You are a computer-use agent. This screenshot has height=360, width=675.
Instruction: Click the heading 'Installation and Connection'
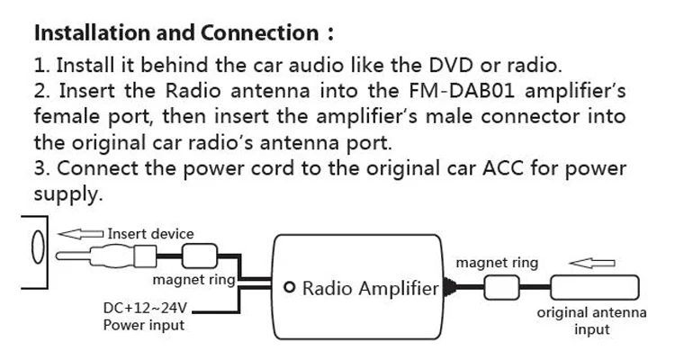coord(175,34)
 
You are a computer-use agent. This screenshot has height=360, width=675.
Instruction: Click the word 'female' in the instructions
coord(66,118)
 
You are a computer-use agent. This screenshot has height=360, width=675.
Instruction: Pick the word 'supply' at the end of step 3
coord(67,194)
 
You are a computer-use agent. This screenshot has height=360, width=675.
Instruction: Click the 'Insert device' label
coord(150,234)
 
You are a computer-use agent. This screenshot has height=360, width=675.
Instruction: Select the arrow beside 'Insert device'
coord(81,234)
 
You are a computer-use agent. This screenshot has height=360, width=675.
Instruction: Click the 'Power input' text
coord(144,325)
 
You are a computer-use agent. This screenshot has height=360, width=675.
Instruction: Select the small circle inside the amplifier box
coord(289,288)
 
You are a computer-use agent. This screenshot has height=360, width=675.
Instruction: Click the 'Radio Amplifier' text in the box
coord(369,289)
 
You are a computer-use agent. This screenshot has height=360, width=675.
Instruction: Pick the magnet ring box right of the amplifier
coord(501,288)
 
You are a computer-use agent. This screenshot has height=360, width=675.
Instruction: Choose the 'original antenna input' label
coord(591,321)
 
